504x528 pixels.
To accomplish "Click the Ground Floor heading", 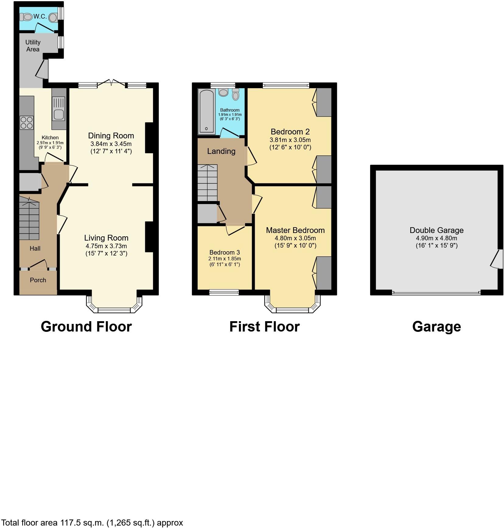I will (86, 327).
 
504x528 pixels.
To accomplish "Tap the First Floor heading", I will (264, 327).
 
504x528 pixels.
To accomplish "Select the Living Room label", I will (106, 238).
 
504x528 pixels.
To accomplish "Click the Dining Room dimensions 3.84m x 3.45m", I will (111, 144).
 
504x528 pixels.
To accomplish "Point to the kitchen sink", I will (59, 114).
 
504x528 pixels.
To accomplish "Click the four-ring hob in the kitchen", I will (26, 123).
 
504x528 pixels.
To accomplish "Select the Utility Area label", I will (33, 46).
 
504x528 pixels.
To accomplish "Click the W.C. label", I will (40, 17).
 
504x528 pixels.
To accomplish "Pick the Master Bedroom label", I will (295, 230).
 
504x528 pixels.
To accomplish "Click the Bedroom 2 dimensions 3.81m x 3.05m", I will (290, 140).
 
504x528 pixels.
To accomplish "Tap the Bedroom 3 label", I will (225, 252).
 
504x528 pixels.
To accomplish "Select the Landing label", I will (221, 151).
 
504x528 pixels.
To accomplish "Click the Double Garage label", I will (436, 230).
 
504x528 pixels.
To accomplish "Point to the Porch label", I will (38, 280).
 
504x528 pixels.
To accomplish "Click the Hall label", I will (35, 248).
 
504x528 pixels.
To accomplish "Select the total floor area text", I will (92, 523).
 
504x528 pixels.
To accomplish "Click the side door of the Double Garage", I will (495, 259).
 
